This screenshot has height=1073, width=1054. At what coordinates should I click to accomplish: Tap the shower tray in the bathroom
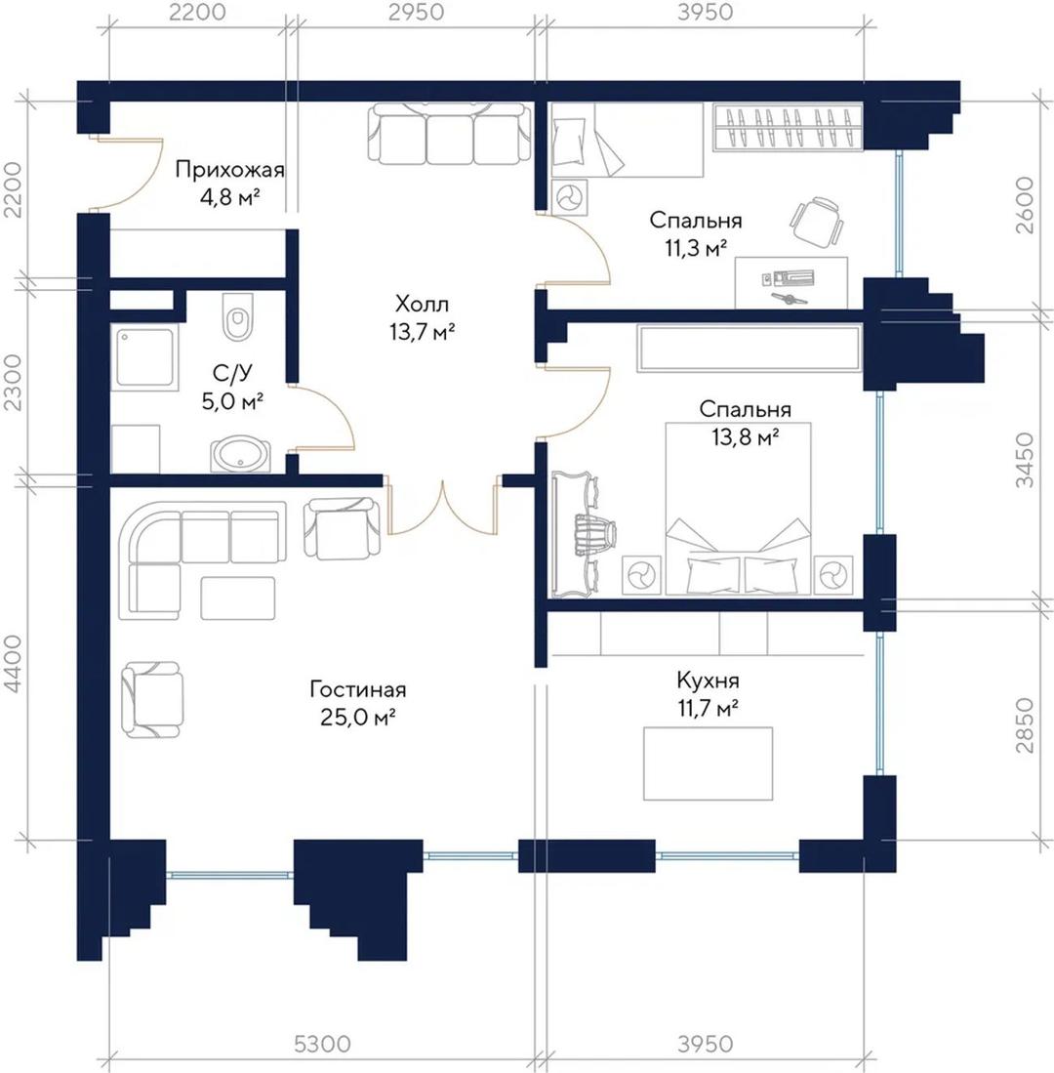(x=144, y=357)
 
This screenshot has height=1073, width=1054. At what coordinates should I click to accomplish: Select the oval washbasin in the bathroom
(x=240, y=454)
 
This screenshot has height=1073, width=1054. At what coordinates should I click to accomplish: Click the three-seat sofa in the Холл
(x=449, y=134)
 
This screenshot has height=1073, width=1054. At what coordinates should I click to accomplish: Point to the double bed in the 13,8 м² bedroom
(x=738, y=508)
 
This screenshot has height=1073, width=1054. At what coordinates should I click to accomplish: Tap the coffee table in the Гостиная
(x=238, y=598)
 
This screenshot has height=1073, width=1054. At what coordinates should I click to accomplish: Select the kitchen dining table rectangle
(x=708, y=763)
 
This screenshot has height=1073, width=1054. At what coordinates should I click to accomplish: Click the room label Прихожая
(x=229, y=169)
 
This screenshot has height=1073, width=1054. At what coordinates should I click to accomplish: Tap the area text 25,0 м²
(x=358, y=717)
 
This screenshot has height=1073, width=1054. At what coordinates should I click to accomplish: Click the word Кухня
(x=708, y=681)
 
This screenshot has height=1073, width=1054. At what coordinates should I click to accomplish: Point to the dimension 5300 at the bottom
(x=322, y=1044)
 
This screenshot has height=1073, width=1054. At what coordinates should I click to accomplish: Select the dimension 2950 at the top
(x=416, y=12)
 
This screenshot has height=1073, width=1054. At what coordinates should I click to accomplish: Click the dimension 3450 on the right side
(x=1024, y=459)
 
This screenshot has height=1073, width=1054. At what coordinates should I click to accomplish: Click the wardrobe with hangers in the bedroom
(x=788, y=127)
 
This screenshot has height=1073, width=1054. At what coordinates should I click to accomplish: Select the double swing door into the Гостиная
(x=442, y=507)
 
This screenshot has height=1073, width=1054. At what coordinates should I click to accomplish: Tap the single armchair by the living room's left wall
(x=152, y=700)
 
